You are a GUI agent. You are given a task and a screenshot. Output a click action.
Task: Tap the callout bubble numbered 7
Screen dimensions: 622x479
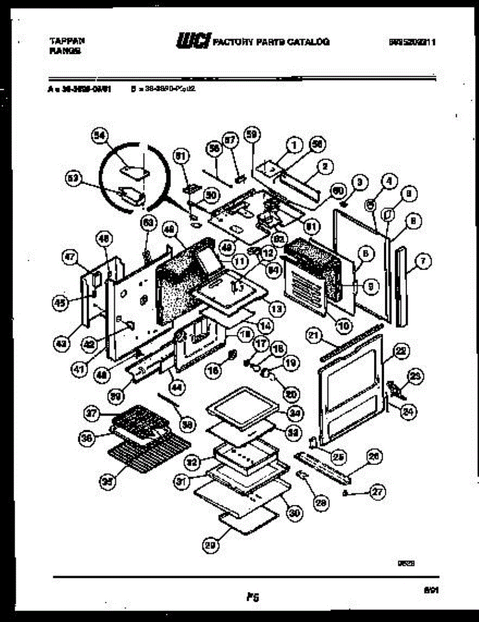click(423, 262)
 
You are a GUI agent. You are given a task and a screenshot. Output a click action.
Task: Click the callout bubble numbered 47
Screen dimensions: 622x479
click(69, 256)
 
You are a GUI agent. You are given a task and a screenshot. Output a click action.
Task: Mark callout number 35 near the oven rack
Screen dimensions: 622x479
click(108, 480)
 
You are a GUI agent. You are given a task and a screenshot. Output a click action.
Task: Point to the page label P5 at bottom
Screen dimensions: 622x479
click(253, 598)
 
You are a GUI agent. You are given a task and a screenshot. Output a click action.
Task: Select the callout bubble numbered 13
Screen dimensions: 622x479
click(277, 309)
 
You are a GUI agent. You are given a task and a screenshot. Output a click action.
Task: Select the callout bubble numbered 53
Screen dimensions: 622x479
click(72, 178)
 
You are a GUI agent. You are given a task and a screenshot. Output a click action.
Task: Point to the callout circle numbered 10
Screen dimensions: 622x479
click(343, 326)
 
